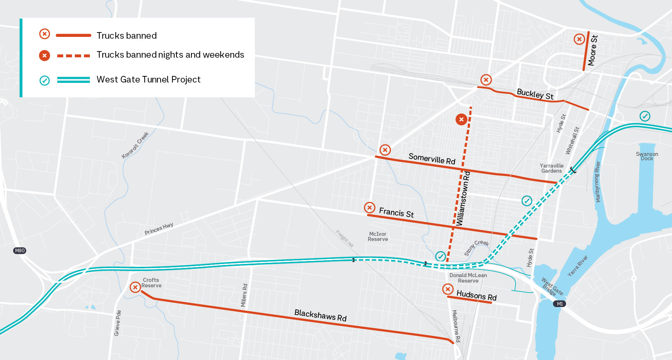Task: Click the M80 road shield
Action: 19,250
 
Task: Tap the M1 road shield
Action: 560,304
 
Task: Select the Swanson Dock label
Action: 647,156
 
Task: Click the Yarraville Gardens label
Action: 551,168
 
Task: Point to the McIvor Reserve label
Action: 378,237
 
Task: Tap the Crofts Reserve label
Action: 151,283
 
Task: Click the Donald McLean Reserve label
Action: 468,278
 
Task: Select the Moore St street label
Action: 593,50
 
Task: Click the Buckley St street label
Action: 535,94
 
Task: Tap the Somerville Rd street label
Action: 432,159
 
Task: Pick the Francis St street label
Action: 396,212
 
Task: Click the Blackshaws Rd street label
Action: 320,315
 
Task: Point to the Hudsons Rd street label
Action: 476,295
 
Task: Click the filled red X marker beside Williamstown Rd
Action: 461,119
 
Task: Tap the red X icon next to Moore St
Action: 579,39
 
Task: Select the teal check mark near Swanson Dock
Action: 645,116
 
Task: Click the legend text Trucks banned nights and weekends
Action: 170,55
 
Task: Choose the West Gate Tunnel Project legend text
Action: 148,80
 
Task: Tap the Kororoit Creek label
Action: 135,145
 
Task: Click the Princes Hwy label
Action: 159,229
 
